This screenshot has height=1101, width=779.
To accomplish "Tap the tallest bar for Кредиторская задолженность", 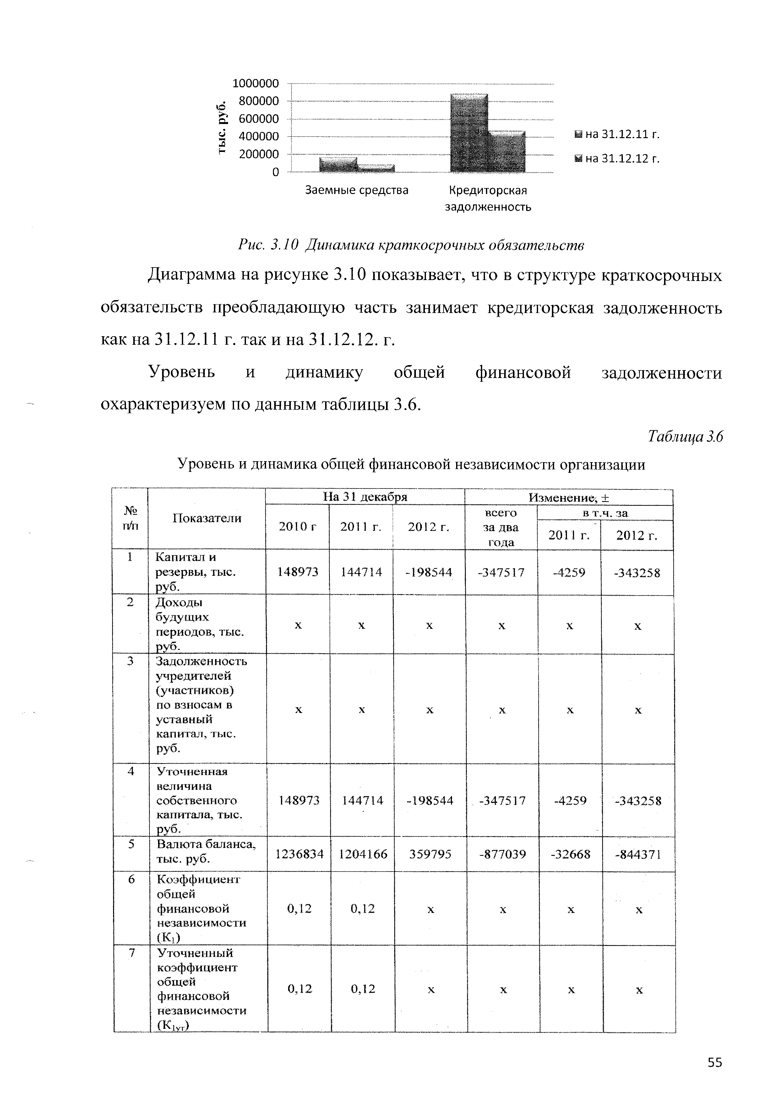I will coord(470,133).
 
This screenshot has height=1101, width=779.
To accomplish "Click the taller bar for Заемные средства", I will coord(338,164).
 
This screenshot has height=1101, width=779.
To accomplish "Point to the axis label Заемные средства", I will coord(357,190).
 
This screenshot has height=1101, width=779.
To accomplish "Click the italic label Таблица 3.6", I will coord(684,436).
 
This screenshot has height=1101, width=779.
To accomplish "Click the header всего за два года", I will coord(501,527).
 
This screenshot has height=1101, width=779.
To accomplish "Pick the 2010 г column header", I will coord(298,527).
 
